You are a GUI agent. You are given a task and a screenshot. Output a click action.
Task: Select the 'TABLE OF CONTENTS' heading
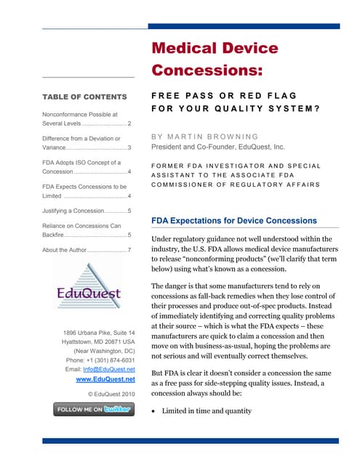(84, 97)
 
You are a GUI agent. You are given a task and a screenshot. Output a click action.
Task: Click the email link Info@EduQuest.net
(111, 369)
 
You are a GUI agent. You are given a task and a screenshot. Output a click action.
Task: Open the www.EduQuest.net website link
(105, 379)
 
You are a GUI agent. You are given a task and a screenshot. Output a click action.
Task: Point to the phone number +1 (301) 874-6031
(100, 360)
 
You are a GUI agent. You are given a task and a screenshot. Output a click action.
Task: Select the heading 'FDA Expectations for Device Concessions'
(233, 220)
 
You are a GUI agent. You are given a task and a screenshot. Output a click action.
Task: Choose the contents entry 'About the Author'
(87, 250)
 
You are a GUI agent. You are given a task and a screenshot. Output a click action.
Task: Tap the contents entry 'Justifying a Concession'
(87, 211)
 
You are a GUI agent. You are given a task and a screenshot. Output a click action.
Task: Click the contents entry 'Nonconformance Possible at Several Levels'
(87, 118)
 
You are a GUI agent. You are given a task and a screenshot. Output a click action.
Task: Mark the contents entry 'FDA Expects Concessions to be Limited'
(87, 189)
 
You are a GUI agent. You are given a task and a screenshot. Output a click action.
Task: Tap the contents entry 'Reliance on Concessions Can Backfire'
(87, 230)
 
